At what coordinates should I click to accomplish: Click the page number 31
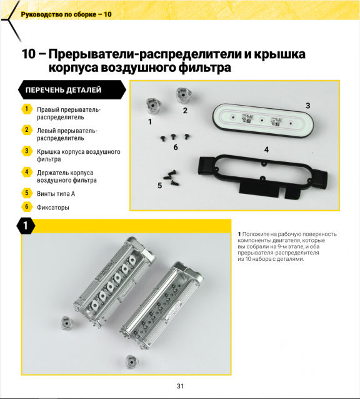tap(180, 386)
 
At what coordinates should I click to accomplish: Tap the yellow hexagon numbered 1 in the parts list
tap(27, 109)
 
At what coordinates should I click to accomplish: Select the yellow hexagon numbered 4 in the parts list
tap(27, 172)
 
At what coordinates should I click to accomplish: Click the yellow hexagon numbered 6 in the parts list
tap(27, 206)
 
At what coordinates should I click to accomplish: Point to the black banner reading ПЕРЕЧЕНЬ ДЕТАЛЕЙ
tap(72, 90)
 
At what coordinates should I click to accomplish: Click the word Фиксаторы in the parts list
tap(53, 208)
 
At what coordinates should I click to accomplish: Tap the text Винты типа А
tap(56, 194)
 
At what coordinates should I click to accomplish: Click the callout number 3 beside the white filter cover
tap(307, 106)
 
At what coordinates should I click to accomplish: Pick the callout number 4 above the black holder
tap(266, 149)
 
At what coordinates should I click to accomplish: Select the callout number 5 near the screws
tap(159, 186)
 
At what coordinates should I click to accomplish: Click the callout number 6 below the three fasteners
tap(176, 148)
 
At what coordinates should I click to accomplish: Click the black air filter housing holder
tap(262, 176)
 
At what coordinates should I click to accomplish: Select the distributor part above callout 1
tap(154, 106)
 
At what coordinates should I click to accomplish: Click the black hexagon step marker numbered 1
tap(26, 226)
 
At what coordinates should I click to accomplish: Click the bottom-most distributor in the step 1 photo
tap(132, 362)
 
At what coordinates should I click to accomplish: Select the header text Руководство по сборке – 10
tap(66, 14)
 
